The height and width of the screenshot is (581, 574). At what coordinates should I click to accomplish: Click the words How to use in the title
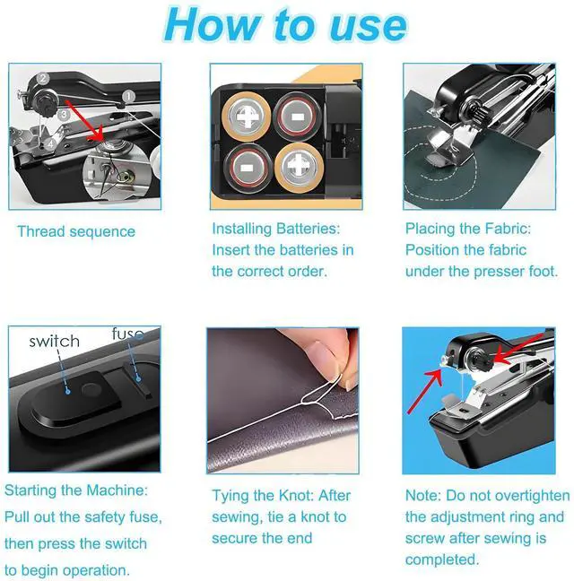coord(285,25)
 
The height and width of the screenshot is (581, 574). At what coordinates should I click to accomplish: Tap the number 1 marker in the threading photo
coord(128,96)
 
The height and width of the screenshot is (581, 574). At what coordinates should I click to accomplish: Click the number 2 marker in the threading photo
coord(43,79)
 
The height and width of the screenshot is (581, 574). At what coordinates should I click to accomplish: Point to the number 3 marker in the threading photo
coord(64,114)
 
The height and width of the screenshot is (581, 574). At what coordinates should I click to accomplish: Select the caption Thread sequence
coord(76,231)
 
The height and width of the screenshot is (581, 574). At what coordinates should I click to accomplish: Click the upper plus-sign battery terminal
coord(246,117)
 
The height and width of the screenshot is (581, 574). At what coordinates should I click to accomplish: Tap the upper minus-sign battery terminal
coord(298,117)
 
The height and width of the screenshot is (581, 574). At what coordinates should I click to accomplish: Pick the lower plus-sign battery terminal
coord(299,169)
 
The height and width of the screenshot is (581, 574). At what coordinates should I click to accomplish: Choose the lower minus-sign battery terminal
coord(248,169)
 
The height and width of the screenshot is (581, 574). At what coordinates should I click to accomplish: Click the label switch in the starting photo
coord(54,342)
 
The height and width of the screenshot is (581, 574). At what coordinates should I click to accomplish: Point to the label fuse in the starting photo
coord(128,334)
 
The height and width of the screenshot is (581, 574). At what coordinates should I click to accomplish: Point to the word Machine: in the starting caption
coord(117,490)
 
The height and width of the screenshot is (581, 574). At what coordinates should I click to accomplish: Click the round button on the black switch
coord(91,390)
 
